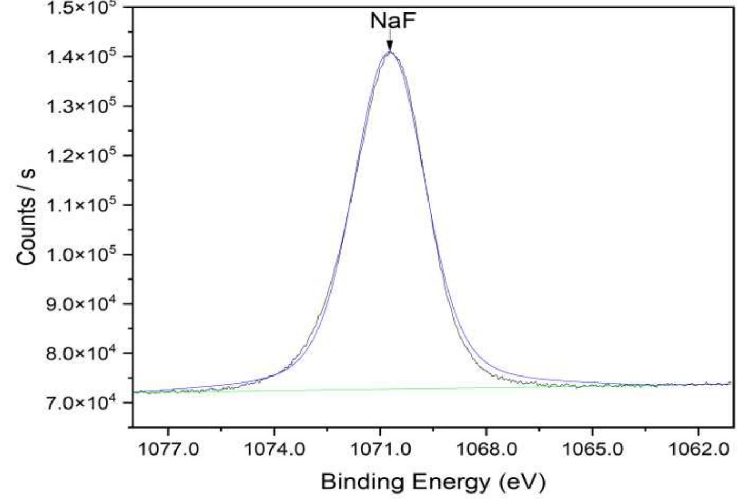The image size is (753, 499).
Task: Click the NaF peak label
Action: point(389,22)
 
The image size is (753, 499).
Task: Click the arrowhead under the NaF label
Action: point(390,47)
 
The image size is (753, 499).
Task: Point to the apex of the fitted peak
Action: point(390,52)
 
